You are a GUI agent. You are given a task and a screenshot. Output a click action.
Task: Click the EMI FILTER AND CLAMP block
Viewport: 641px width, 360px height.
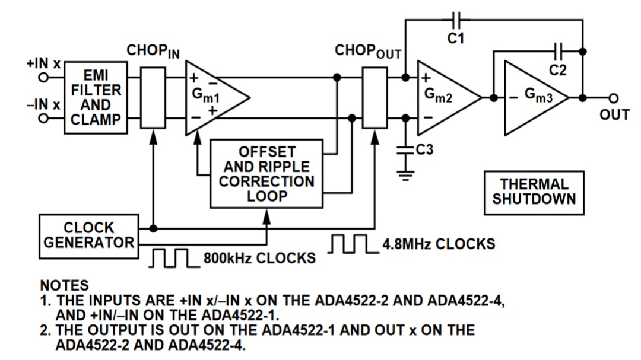(x=96, y=97)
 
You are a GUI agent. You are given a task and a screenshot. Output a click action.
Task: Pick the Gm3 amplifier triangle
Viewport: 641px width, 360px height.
(x=531, y=97)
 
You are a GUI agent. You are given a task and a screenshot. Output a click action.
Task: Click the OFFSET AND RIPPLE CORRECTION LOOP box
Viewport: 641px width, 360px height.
(x=266, y=173)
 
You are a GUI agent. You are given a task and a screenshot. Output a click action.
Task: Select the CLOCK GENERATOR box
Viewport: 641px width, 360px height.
(x=88, y=235)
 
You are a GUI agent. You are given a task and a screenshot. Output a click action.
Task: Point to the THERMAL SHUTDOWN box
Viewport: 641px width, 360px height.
(x=534, y=192)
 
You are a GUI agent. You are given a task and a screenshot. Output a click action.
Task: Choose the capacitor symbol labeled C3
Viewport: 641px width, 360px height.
(x=406, y=151)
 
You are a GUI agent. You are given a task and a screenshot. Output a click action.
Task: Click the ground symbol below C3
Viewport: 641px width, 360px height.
(x=406, y=175)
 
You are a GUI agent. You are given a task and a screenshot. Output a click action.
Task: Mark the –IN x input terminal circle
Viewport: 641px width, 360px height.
(x=42, y=118)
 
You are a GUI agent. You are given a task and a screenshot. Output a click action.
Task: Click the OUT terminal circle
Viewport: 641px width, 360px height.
(x=614, y=98)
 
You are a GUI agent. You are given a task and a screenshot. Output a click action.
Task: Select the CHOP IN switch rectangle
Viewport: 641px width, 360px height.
(x=153, y=97)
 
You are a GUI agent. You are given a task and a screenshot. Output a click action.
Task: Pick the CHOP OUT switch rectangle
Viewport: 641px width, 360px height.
(x=375, y=97)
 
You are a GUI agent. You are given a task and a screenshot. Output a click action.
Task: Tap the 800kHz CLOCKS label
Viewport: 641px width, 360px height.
(x=259, y=259)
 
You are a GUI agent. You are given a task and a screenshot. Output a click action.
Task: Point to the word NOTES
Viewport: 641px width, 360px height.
(x=64, y=286)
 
